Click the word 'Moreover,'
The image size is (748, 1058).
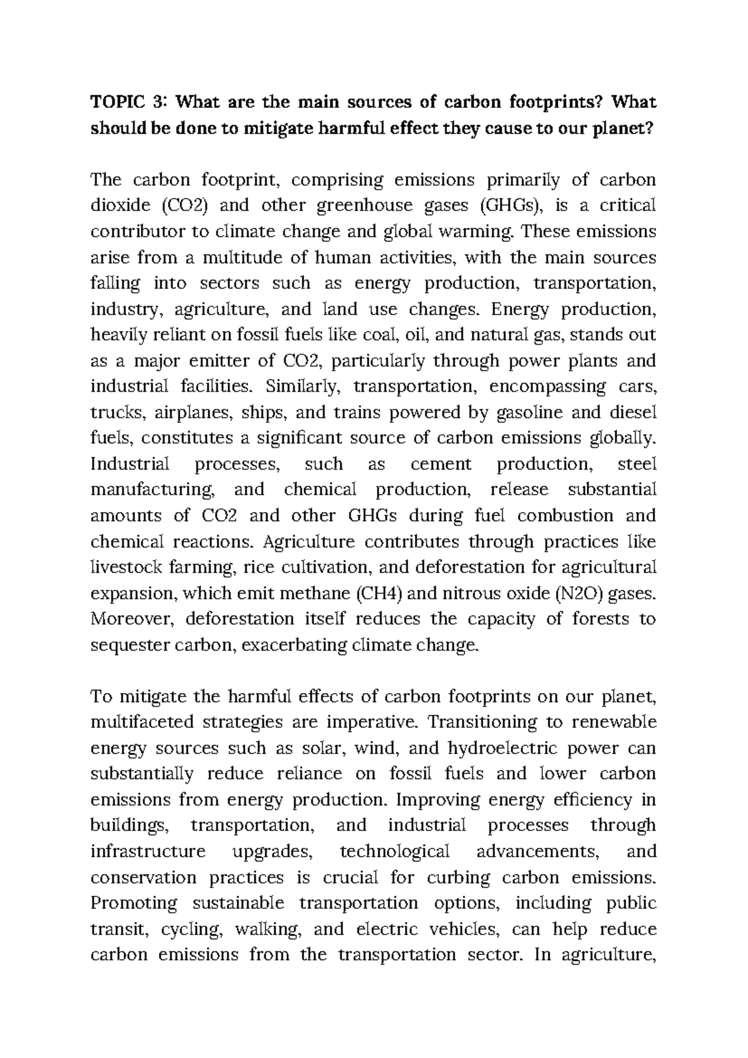[130, 619]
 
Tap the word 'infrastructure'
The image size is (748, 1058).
[148, 852]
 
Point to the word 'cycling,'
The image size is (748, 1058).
[191, 930]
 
